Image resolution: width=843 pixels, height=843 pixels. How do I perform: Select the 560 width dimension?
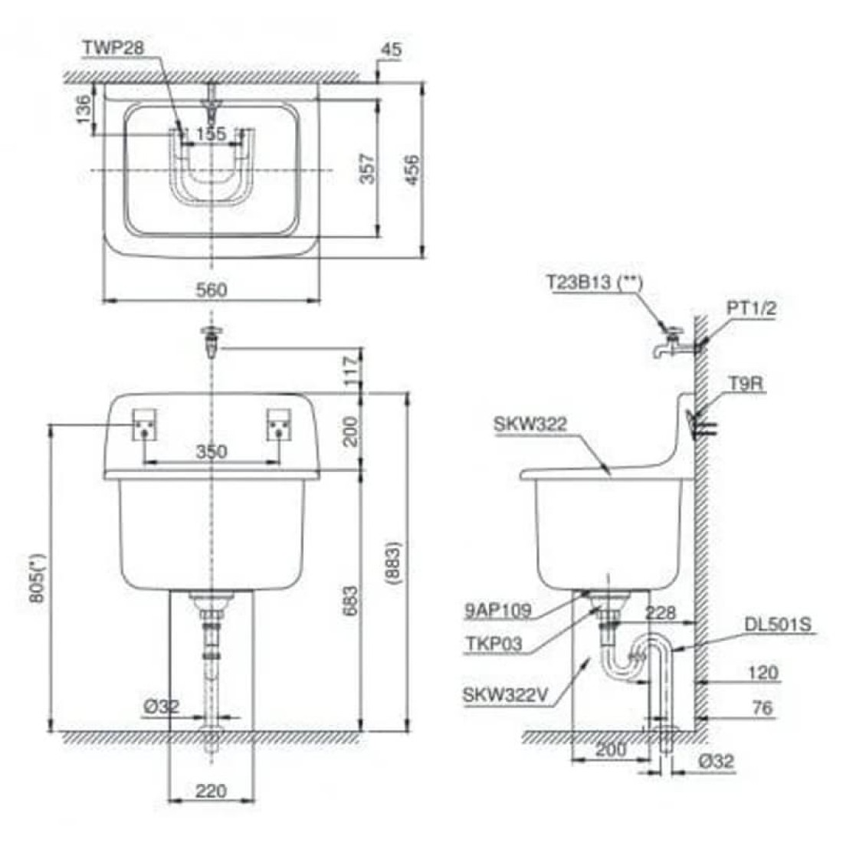click(212, 290)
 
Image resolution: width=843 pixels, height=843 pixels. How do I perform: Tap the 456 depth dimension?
click(412, 169)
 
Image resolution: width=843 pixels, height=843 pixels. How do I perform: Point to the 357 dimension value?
click(369, 169)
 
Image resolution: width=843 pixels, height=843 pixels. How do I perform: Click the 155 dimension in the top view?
click(210, 134)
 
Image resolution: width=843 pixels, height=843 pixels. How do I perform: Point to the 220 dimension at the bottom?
click(210, 789)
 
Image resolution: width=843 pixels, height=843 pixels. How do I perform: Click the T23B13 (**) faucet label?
click(594, 281)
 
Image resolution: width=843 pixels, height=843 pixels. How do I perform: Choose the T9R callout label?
click(746, 384)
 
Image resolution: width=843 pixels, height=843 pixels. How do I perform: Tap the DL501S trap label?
click(777, 625)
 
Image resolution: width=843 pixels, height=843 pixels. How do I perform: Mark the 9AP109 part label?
click(497, 611)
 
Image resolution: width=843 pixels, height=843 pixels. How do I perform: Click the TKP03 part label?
click(493, 644)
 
